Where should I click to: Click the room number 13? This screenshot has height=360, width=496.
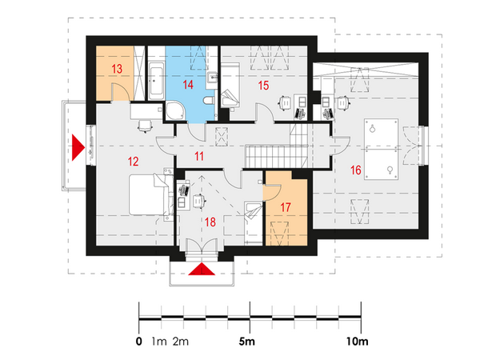tap(117, 69)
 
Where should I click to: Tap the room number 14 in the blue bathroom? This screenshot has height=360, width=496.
tap(188, 85)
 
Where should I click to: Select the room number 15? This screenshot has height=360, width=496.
tap(263, 85)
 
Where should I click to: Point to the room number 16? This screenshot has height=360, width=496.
tap(356, 170)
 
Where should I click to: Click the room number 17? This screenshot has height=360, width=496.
tap(286, 207)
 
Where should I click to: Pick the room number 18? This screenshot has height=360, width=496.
tap(210, 222)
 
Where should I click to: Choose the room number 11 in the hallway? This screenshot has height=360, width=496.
tap(199, 156)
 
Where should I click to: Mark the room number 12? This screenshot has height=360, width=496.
tap(133, 162)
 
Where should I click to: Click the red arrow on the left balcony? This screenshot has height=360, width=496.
tap(78, 147)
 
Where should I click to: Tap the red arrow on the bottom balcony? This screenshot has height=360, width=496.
tap(202, 270)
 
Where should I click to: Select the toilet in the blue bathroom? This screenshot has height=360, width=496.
tap(209, 102)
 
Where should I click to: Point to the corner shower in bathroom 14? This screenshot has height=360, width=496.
tap(175, 110)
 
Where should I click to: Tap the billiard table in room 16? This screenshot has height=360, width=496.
tap(381, 150)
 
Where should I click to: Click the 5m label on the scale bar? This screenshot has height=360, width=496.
tap(246, 342)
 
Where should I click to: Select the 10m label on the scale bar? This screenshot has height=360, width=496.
tap(358, 342)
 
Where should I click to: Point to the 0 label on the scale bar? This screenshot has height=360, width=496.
tap(139, 342)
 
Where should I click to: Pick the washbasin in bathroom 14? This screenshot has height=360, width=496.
tap(212, 77)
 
